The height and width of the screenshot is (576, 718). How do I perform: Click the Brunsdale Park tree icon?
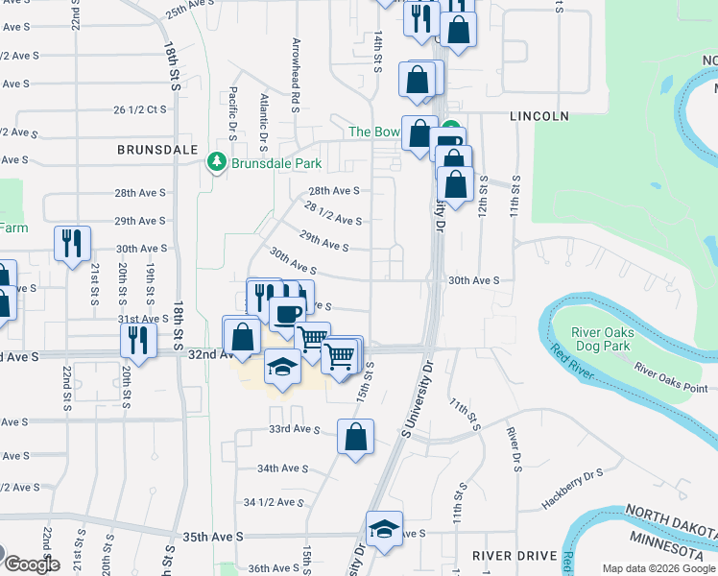[218, 163]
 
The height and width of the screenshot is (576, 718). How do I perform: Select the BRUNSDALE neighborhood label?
[156, 150]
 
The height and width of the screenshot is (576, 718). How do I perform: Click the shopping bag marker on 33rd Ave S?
[355, 437]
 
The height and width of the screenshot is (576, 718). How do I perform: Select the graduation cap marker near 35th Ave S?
[384, 529]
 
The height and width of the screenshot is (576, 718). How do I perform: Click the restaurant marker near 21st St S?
[72, 243]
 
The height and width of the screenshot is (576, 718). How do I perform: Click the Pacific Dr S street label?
[233, 108]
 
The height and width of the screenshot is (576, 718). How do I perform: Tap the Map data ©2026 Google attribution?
[658, 568]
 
